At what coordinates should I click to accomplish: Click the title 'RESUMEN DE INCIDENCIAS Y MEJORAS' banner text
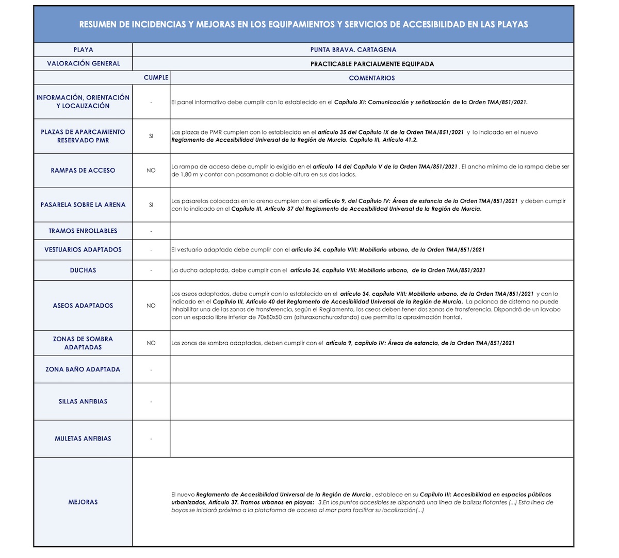pos(303,24)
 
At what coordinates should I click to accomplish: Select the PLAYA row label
pos(83,50)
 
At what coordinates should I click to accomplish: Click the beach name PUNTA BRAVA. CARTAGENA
pos(353,50)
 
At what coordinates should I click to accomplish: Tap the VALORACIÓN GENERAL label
pos(83,64)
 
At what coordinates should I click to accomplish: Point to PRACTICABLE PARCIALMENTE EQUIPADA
pos(372,64)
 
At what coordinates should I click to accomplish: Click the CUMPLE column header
pos(156,78)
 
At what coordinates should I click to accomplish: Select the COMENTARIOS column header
pos(371,78)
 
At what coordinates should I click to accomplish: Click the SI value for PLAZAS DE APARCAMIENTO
pos(151,136)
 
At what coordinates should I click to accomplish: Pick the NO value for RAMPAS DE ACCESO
pos(151,171)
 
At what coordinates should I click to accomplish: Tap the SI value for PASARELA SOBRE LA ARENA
pos(151,205)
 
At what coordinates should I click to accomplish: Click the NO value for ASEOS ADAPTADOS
pos(151,306)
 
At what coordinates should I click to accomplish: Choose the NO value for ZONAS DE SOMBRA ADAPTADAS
pos(151,343)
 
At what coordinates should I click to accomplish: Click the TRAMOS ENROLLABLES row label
pos(83,231)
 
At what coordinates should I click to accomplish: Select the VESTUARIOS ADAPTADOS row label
pos(83,250)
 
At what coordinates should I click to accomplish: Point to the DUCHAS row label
pos(83,270)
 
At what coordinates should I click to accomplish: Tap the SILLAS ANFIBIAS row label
pos(83,401)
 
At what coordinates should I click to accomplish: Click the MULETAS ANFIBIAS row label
pos(83,439)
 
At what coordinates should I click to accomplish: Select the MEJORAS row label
pos(83,502)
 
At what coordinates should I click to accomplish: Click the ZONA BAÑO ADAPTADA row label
pos(83,369)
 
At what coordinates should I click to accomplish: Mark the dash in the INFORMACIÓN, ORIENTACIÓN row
pos(151,102)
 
